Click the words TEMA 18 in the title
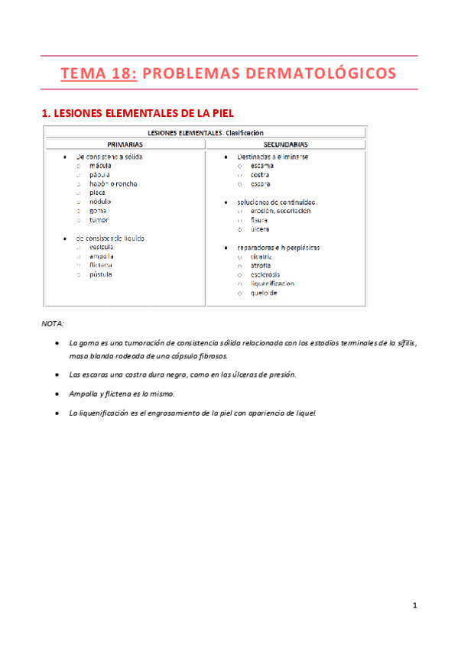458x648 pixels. pos(98,73)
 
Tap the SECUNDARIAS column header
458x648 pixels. pos(286,144)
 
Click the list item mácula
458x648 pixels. pos(100,165)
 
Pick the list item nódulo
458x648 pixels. pos(100,202)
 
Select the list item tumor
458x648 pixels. pos(99,219)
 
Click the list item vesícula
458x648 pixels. pos(102,247)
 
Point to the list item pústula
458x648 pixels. pos(101,274)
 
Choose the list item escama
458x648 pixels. pos(262,165)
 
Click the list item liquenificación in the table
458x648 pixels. pos(272,283)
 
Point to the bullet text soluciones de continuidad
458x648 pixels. pos(276,202)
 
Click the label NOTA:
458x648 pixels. pos(53,323)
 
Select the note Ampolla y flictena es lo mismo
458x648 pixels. pos(122,394)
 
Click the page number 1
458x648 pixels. pos(414,606)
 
